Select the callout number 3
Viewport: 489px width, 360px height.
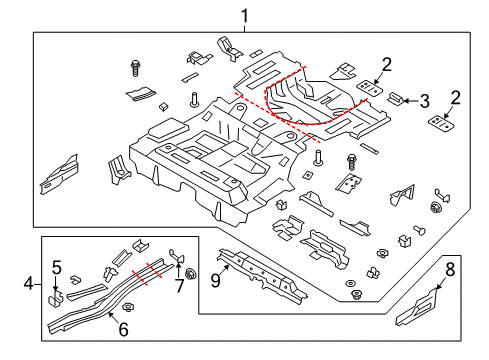(x=424, y=100)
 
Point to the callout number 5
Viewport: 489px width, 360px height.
(x=56, y=267)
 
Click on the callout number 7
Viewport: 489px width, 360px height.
(x=181, y=287)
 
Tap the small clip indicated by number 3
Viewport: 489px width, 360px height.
(x=396, y=98)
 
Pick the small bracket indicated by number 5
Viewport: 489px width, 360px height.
(x=58, y=296)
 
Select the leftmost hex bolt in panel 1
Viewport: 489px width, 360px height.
(x=133, y=69)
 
